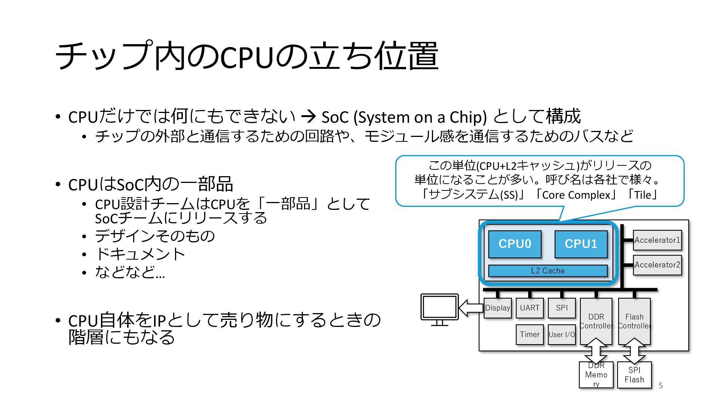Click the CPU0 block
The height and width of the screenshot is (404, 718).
click(x=515, y=244)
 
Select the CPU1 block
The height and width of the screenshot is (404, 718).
click(x=581, y=244)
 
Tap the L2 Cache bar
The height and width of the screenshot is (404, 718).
click(x=548, y=271)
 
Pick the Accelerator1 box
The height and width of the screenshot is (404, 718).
click(x=657, y=240)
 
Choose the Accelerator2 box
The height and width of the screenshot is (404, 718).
click(x=657, y=265)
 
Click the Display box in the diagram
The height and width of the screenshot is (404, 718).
click(x=497, y=308)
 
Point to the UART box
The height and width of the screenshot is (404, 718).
click(x=530, y=308)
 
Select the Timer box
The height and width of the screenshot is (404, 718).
click(x=530, y=334)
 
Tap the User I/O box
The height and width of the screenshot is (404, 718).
click(x=562, y=334)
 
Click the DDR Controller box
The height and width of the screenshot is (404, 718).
click(x=596, y=321)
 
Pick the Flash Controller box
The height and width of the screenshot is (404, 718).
click(x=634, y=321)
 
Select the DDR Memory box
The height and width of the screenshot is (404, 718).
click(x=596, y=375)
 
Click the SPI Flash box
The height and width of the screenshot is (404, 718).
click(x=634, y=375)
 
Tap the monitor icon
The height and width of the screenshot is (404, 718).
click(x=439, y=309)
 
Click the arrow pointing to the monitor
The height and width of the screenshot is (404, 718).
click(x=471, y=308)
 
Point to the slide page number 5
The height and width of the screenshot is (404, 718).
click(x=661, y=386)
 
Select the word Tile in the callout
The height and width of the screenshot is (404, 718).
click(x=643, y=195)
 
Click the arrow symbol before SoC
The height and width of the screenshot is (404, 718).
click(x=309, y=117)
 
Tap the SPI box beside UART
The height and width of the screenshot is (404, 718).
click(x=562, y=308)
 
